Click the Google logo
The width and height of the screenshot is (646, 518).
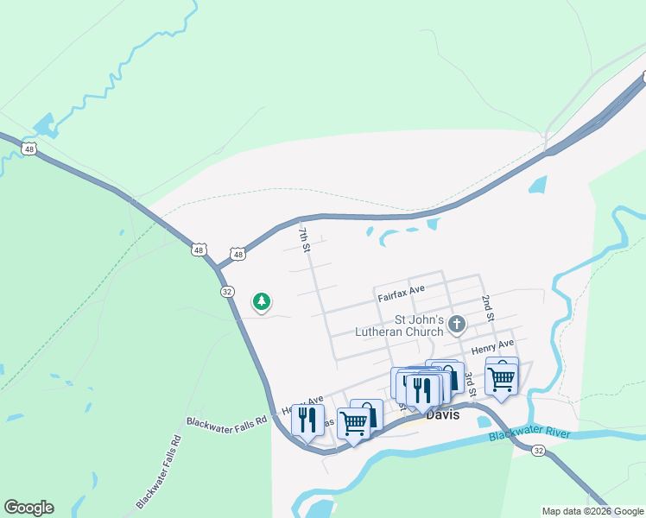pos(28,508)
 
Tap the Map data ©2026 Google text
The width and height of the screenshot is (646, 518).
pos(592,511)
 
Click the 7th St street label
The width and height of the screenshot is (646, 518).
pos(303,239)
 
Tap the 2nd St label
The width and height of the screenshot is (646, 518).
pos(487,307)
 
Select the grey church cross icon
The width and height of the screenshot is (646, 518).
pos(457,325)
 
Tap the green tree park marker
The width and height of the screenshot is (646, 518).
pos(261,302)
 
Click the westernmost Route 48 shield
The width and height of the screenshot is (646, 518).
pos(30,148)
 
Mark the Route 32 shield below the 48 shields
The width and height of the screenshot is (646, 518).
pos(227,291)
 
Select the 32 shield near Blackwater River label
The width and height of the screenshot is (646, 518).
pos(537,450)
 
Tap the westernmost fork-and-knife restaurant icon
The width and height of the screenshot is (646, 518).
pos(307,420)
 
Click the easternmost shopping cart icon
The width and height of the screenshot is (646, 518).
pos(501,376)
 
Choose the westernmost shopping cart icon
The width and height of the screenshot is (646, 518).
pos(353,423)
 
